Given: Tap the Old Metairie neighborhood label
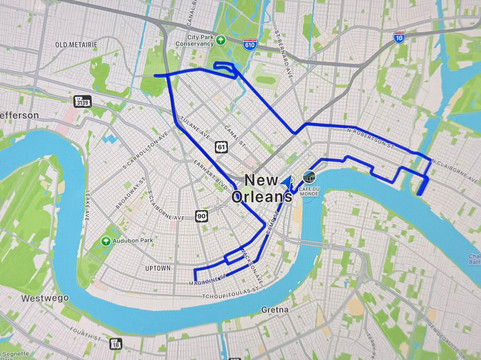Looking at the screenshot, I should pos(75,45).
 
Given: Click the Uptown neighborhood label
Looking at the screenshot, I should pos(158,268).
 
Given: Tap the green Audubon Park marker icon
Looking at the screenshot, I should pos(106,241).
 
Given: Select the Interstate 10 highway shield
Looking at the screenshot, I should pos(398,38).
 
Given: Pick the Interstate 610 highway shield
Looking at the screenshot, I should pos(249,45).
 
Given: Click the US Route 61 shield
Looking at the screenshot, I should pos(220,146).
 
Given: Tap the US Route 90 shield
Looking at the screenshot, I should pos(201,215).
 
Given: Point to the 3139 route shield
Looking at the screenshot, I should pos(82,101).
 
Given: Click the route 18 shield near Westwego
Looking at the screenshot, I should pos(115,343).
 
